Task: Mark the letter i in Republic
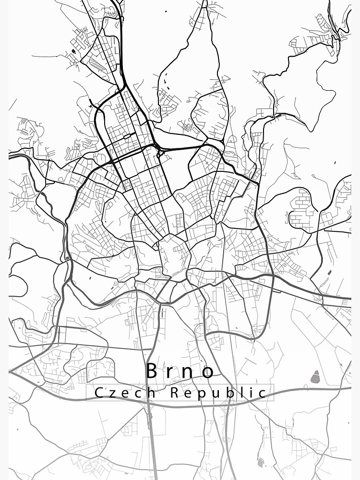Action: pos(251,393)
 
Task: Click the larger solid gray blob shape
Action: pos(315,378)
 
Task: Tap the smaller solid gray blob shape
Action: pos(261,463)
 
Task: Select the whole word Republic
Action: pos(218,394)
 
